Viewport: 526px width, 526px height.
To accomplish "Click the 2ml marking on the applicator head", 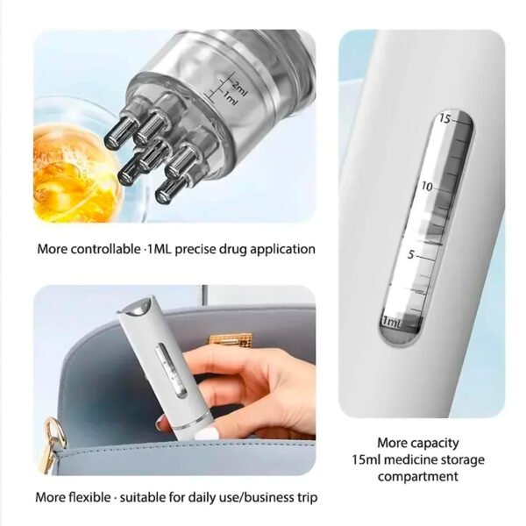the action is coord(239,89).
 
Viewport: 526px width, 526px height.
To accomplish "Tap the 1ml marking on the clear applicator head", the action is coord(230,99).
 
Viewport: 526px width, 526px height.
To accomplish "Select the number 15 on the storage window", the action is coord(445,118).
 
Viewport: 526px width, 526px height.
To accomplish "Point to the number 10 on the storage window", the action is coord(427,187).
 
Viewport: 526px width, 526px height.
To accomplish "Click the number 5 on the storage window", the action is coord(411,255).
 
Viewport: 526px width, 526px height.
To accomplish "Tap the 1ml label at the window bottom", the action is coord(392,322).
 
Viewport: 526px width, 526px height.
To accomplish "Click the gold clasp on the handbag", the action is coord(231,339).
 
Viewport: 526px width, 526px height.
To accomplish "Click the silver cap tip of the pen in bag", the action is coord(138,308).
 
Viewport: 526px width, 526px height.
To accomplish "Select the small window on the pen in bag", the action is coord(172,370).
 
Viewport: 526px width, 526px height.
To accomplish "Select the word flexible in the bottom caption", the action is coord(89,497).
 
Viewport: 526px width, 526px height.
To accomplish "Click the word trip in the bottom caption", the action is coord(307,498).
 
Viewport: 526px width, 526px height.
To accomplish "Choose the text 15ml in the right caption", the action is coord(366,459).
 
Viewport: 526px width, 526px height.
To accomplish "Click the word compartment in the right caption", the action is coord(418,477).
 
